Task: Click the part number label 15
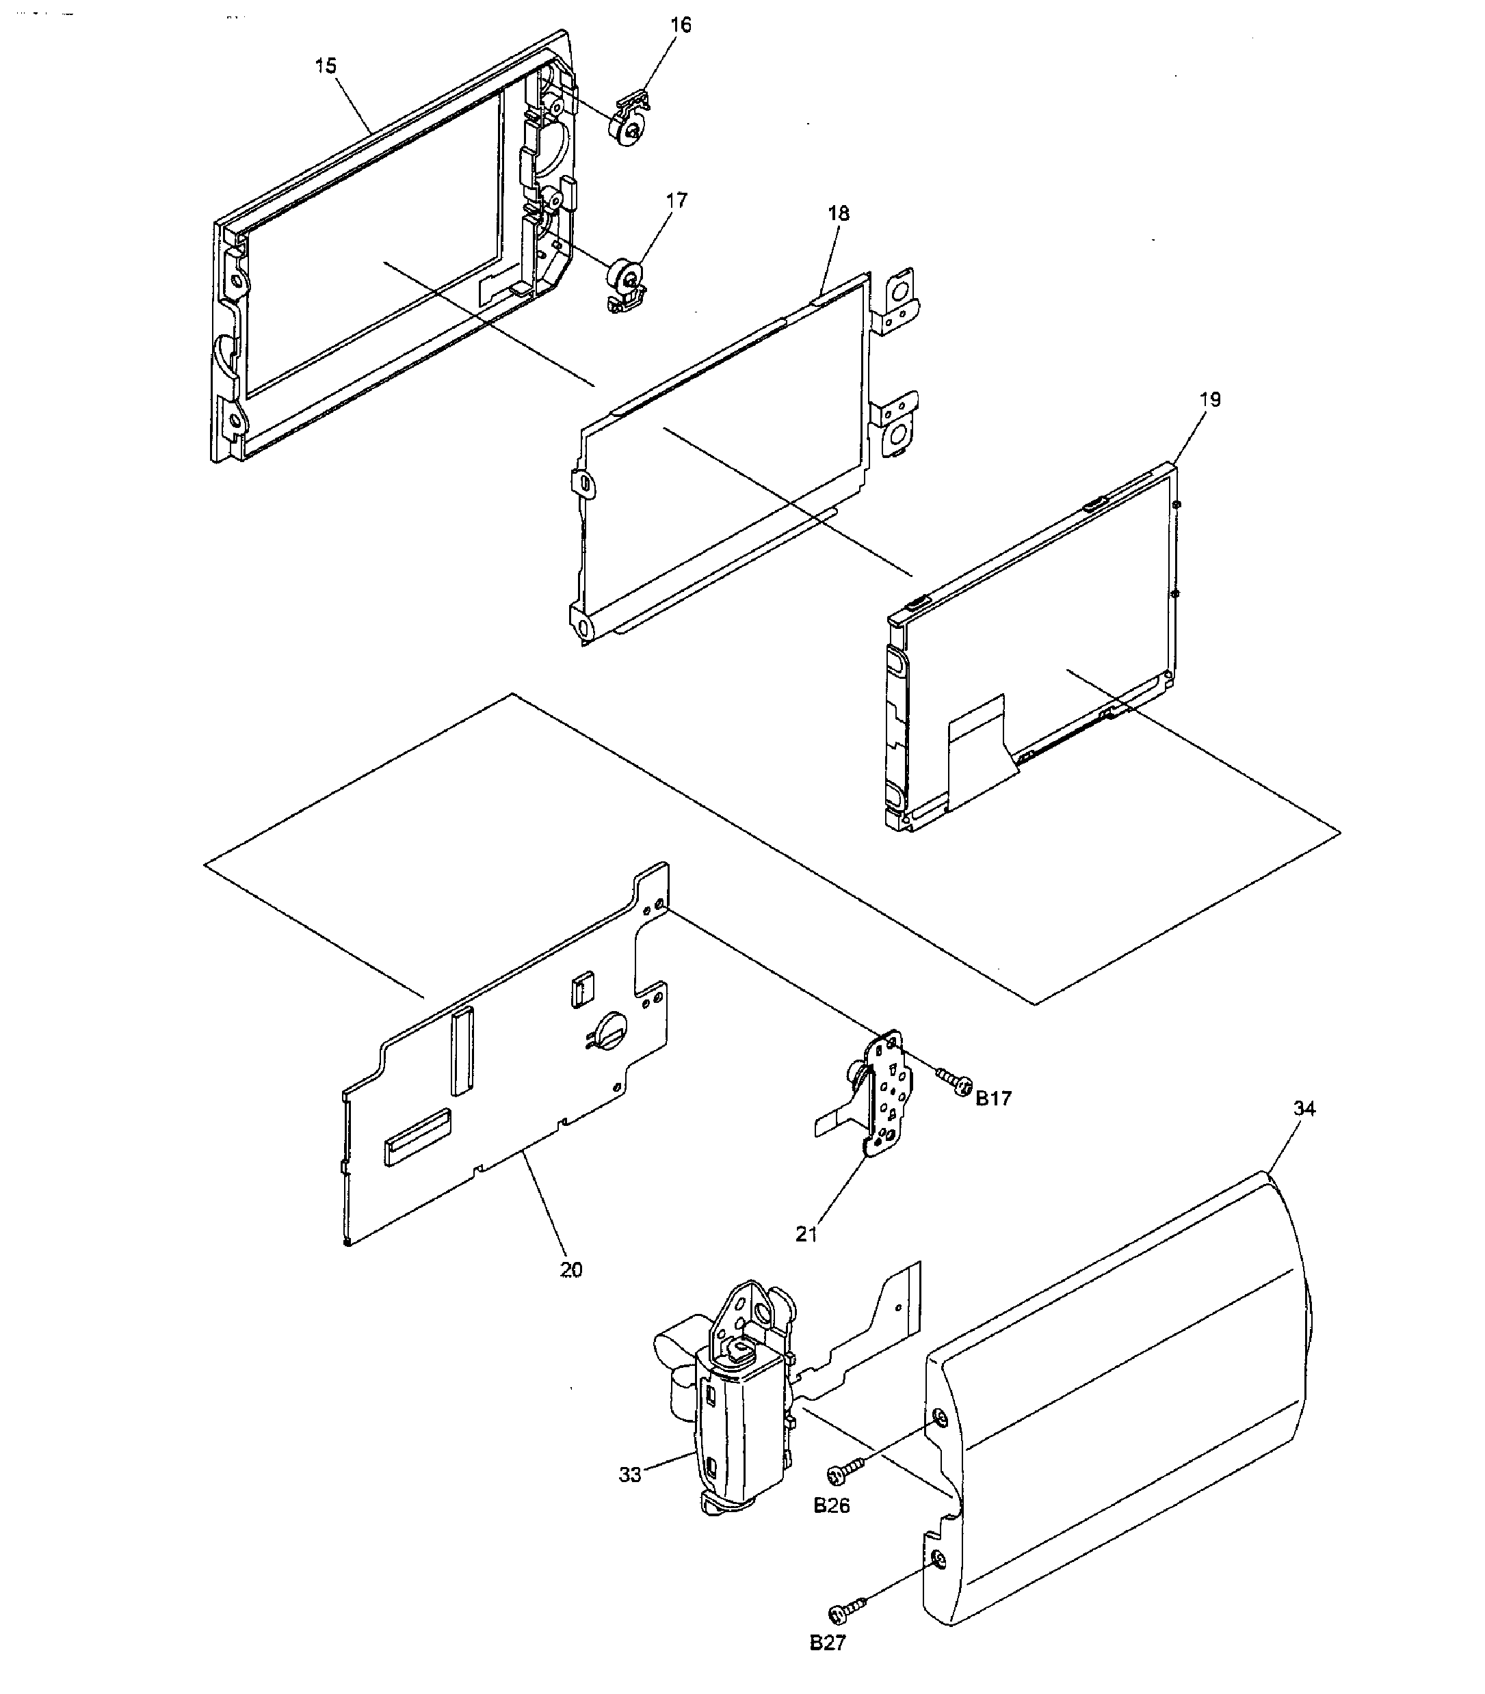[x=326, y=66]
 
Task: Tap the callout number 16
[x=681, y=25]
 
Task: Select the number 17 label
[x=676, y=200]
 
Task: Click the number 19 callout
[x=1210, y=399]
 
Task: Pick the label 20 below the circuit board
[x=571, y=1270]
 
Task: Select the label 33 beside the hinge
[x=630, y=1475]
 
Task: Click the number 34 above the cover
[x=1304, y=1108]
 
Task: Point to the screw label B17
[x=994, y=1099]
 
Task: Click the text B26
[x=831, y=1506]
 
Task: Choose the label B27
[x=828, y=1643]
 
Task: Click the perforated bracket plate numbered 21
[x=889, y=1093]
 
